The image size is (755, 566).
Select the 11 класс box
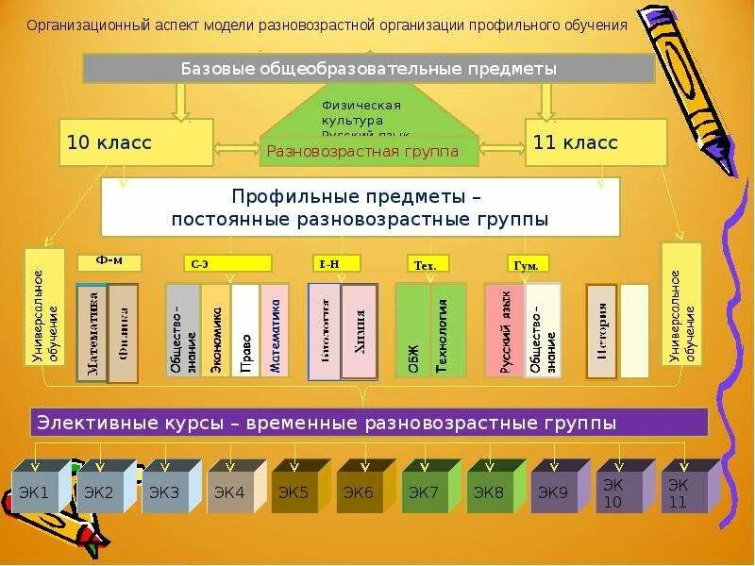596,143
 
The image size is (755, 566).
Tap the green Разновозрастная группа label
362,151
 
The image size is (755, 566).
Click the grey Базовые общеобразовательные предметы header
368,69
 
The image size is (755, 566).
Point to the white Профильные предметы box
360,207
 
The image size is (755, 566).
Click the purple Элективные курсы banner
369,423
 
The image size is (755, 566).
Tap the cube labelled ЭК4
229,491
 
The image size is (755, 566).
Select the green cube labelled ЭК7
424,491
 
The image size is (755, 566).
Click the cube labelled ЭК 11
678,493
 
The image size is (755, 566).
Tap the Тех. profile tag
427,264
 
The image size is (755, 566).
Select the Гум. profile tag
528,264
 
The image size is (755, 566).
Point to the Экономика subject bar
216,332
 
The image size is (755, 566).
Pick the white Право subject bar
245,332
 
